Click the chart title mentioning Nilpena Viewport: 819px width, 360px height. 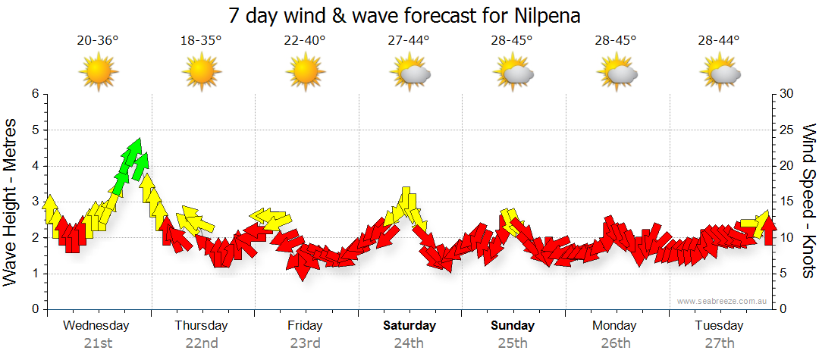[x=409, y=16]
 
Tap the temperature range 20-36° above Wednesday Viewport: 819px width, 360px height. [x=98, y=41]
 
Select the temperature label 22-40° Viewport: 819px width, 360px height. [x=305, y=41]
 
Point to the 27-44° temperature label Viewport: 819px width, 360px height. [x=409, y=41]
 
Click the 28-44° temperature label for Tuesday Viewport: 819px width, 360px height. [x=720, y=41]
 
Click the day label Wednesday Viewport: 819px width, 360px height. [x=96, y=326]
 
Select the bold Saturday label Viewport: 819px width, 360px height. [x=409, y=326]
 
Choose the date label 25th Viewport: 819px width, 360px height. [x=513, y=343]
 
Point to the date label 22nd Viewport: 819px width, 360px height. [x=202, y=343]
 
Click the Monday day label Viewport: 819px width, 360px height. [x=616, y=326]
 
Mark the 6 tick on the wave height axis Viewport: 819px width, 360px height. [x=34, y=94]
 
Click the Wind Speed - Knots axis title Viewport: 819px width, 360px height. [x=808, y=201]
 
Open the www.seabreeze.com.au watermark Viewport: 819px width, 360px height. [x=723, y=301]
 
